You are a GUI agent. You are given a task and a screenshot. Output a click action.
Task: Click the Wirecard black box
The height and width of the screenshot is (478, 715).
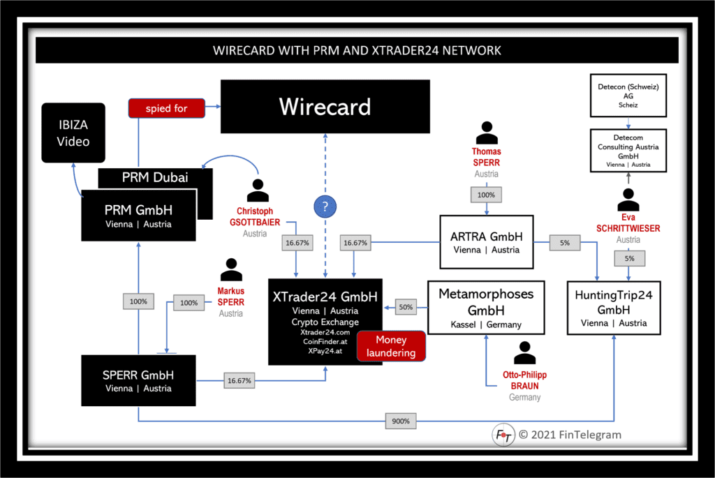pyautogui.click(x=325, y=107)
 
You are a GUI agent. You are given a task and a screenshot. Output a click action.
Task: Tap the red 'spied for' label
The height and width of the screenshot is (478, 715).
pyautogui.click(x=166, y=108)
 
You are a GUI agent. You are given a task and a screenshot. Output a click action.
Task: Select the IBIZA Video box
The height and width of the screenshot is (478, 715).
pyautogui.click(x=73, y=133)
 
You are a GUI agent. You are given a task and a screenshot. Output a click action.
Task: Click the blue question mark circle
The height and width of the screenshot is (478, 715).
pyautogui.click(x=325, y=207)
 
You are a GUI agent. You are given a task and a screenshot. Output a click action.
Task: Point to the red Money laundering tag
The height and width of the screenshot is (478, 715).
pyautogui.click(x=391, y=346)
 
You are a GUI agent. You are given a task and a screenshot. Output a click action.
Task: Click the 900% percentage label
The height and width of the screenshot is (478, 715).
pyautogui.click(x=400, y=421)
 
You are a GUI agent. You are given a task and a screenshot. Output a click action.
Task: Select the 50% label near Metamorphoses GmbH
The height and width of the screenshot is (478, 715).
pyautogui.click(x=406, y=306)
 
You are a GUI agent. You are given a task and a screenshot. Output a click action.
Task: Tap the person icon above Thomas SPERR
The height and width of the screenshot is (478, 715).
pyautogui.click(x=487, y=133)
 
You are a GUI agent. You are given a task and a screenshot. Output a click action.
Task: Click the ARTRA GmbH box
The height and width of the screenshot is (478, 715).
pyautogui.click(x=486, y=242)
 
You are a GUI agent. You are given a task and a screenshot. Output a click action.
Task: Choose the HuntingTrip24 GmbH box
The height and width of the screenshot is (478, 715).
pyautogui.click(x=613, y=308)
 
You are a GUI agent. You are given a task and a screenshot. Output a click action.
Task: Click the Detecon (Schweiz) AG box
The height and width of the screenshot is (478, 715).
pyautogui.click(x=628, y=96)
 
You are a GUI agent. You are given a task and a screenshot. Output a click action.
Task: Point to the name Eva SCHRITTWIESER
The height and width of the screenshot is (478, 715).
pyautogui.click(x=628, y=223)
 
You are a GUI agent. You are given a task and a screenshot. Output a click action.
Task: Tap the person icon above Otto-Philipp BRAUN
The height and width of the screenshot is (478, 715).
pyautogui.click(x=524, y=354)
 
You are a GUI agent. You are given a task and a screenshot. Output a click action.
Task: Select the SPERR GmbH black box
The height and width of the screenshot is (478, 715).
pyautogui.click(x=138, y=380)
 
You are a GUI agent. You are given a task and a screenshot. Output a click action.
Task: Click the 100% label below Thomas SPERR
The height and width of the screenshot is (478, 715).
pyautogui.click(x=486, y=195)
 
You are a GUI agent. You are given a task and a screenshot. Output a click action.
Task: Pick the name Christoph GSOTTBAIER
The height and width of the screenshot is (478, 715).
pyautogui.click(x=255, y=216)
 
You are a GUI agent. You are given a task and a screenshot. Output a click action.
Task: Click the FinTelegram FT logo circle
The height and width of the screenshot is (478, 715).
pyautogui.click(x=503, y=435)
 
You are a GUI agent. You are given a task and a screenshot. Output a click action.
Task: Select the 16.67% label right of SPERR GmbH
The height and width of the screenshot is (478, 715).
pyautogui.click(x=239, y=381)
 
